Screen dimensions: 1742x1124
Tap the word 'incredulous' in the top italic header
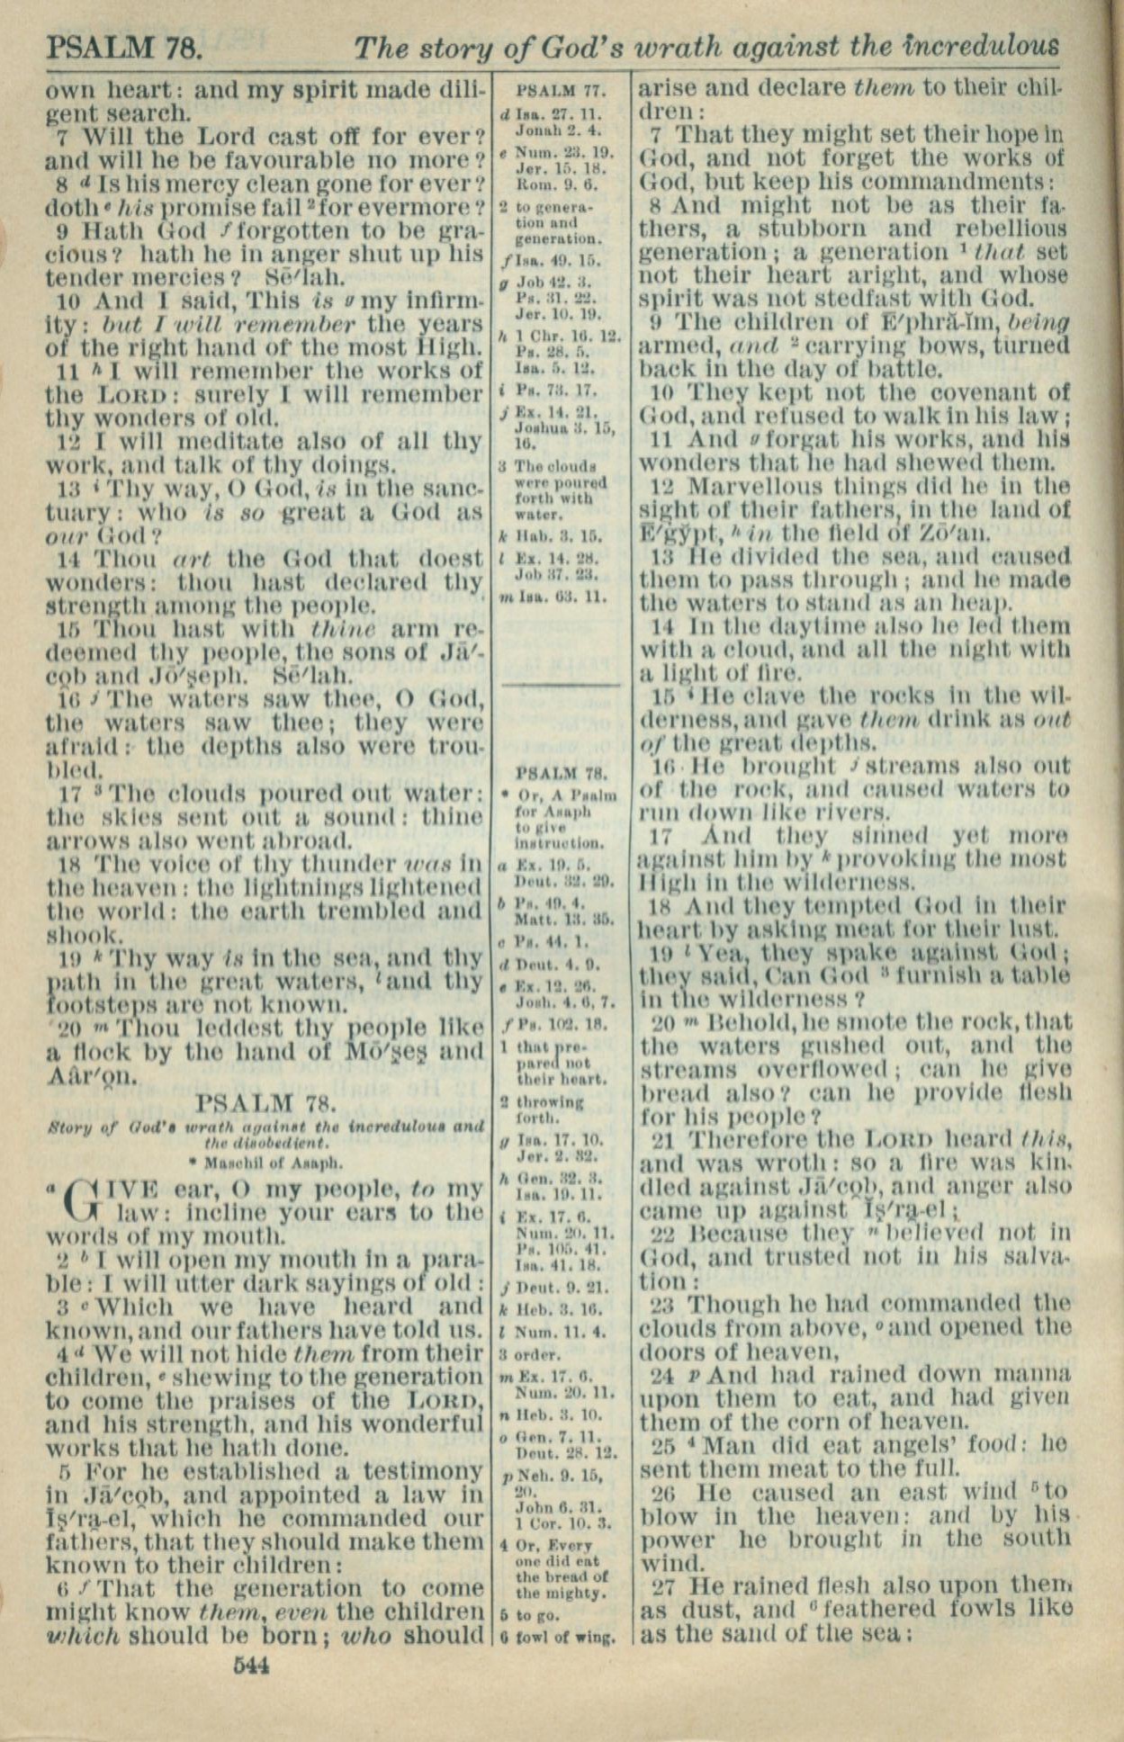[981, 46]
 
